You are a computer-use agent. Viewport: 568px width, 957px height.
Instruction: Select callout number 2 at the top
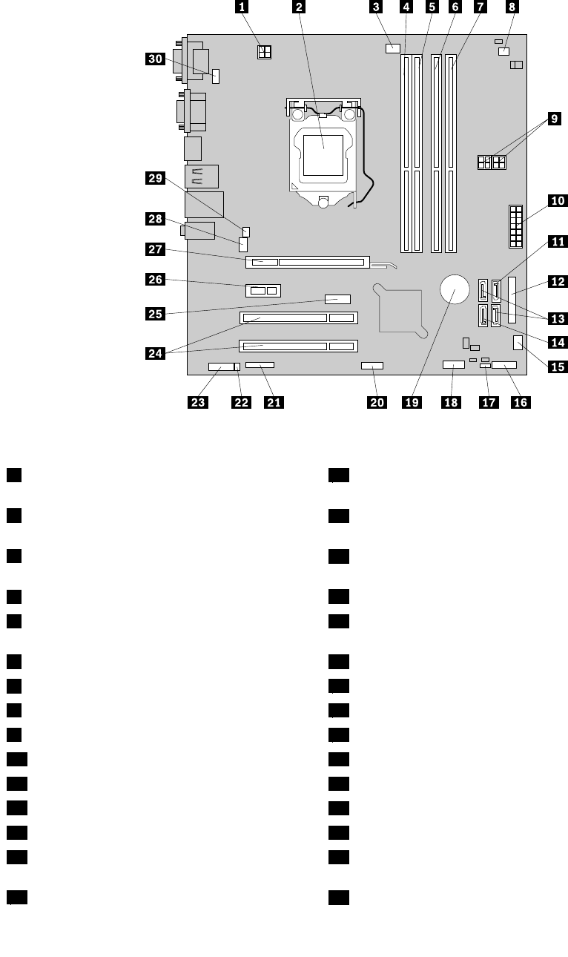298,9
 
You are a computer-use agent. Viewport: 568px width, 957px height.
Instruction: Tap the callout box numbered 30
156,62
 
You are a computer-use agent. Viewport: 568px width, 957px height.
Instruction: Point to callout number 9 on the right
554,119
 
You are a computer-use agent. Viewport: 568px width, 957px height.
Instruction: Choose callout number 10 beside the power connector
557,200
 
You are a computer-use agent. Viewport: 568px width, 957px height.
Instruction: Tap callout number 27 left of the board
156,251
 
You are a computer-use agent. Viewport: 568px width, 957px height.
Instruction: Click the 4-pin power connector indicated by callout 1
262,53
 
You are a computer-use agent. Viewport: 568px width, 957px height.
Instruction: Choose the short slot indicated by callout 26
262,290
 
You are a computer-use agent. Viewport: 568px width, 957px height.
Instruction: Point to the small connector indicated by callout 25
337,300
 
